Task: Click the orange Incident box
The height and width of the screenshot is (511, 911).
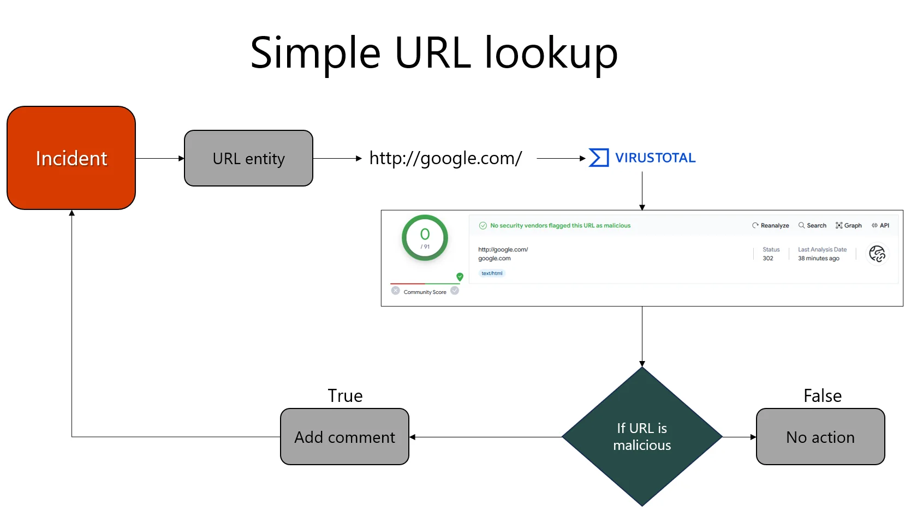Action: click(71, 158)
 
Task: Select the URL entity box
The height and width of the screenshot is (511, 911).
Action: click(248, 158)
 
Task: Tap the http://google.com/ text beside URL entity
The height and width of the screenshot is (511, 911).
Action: click(445, 158)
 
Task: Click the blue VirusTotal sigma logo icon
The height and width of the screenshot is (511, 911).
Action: click(599, 158)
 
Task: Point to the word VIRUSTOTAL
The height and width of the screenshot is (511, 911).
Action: click(655, 158)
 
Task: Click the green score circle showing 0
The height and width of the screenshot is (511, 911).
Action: click(425, 238)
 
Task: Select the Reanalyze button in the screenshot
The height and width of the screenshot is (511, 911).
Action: click(771, 225)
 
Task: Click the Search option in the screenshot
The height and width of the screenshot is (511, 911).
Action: click(813, 225)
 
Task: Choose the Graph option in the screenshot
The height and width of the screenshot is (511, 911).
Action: click(849, 225)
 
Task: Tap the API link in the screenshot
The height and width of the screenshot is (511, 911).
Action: click(881, 225)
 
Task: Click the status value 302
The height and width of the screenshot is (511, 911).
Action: click(768, 258)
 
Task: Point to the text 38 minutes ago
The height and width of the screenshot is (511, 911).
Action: click(818, 258)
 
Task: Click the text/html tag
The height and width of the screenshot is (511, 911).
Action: click(492, 273)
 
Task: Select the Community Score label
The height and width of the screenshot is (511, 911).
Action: click(425, 292)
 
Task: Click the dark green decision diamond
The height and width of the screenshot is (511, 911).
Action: click(642, 436)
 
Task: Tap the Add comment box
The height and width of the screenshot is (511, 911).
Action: click(344, 437)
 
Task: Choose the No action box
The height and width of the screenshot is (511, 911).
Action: click(820, 437)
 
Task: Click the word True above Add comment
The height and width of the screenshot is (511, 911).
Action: click(345, 396)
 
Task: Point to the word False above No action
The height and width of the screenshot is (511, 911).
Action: click(823, 396)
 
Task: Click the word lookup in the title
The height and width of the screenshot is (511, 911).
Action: click(551, 53)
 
